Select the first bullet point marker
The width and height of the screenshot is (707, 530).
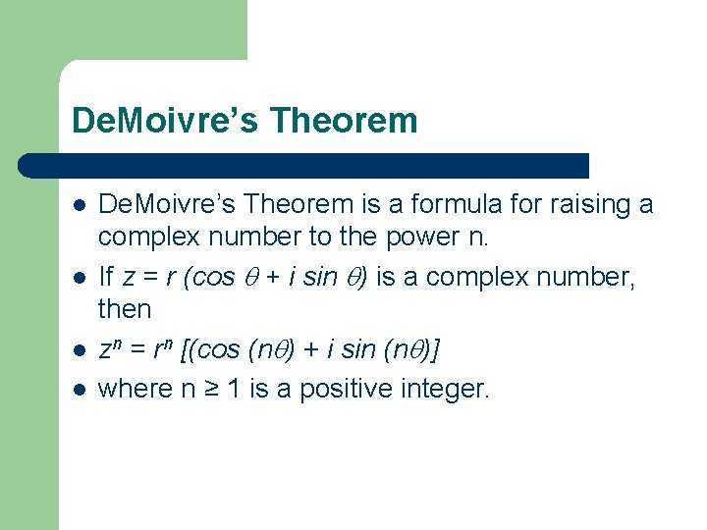[x=79, y=205]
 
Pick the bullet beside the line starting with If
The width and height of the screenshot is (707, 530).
[x=79, y=278]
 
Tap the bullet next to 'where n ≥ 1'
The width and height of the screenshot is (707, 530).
[x=79, y=389]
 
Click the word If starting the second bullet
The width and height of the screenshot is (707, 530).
[x=108, y=277]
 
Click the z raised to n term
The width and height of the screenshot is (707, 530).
[x=110, y=350]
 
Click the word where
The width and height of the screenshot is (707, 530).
[x=136, y=389]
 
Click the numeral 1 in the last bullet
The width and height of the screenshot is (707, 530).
[x=230, y=389]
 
